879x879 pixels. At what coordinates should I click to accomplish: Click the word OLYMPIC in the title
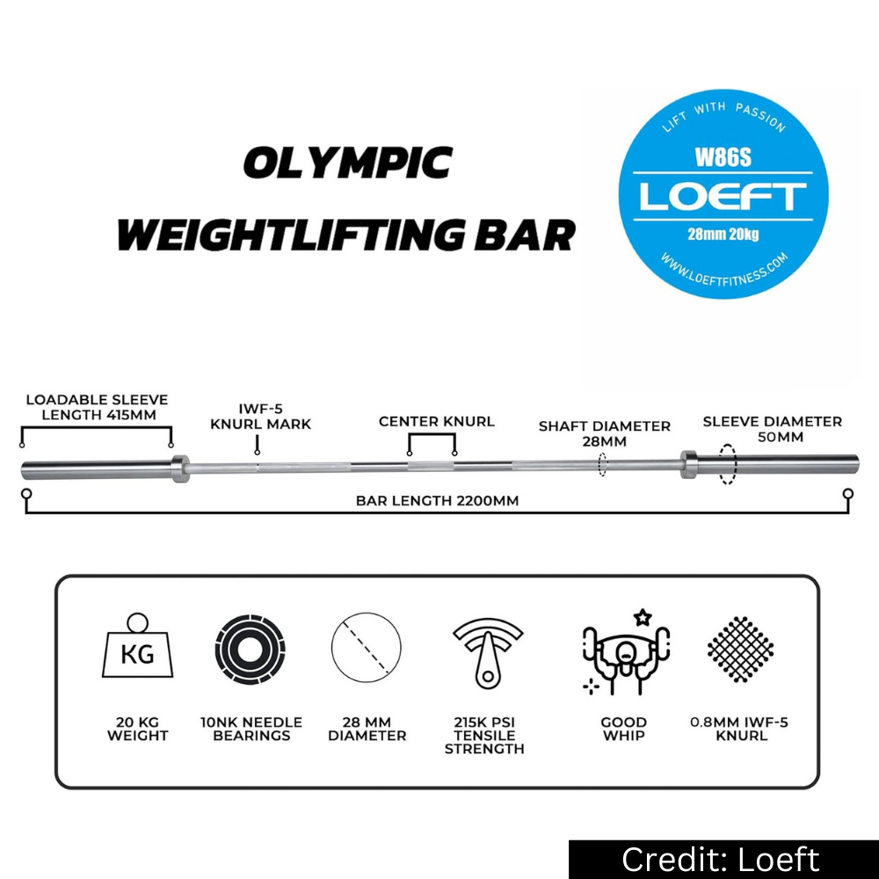pos(347,163)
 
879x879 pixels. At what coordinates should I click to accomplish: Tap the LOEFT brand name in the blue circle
pos(723,196)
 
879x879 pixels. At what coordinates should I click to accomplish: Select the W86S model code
pos(723,157)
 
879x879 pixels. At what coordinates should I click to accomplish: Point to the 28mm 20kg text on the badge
pos(723,234)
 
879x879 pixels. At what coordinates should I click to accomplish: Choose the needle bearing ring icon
pos(250,650)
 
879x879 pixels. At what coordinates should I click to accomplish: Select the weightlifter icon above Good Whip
pos(626,652)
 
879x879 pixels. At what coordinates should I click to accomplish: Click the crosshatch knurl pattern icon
pos(740,650)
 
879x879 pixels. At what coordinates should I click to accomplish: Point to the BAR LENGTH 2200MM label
pos(437,501)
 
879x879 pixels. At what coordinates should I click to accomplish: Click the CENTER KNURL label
pos(437,422)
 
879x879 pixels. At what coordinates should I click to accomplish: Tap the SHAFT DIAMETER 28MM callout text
pos(605,434)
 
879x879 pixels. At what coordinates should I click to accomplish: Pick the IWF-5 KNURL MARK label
pos(261,417)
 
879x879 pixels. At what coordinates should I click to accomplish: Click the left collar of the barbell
pos(180,469)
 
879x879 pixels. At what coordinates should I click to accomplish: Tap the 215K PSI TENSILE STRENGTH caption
pos(484,736)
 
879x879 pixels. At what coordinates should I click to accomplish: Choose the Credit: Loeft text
pos(721,860)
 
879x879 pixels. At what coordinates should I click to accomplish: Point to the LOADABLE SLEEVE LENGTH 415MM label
pos(97,408)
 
